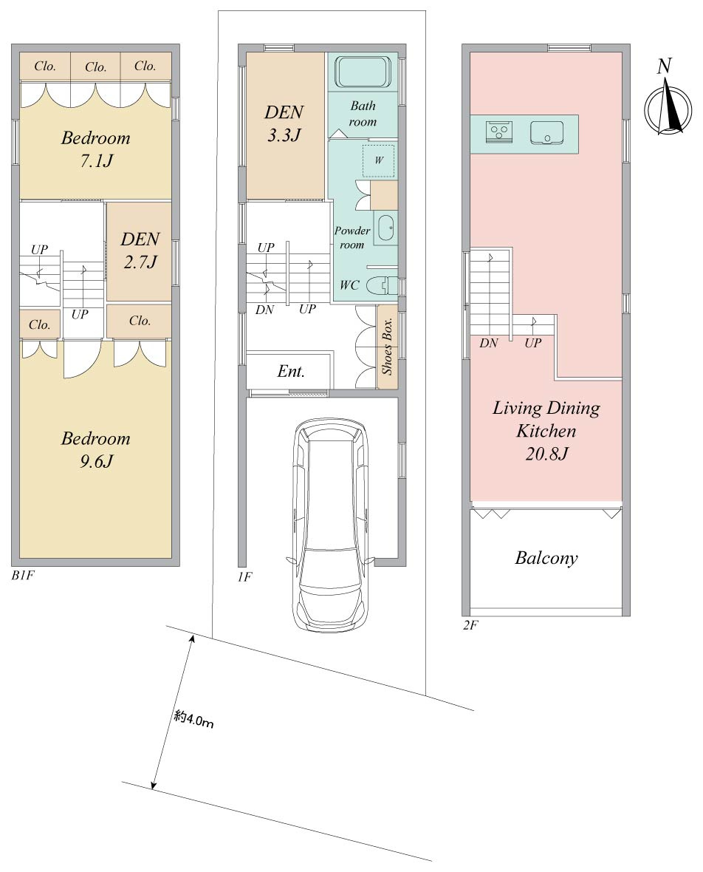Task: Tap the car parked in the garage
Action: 331,525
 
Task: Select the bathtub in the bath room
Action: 363,72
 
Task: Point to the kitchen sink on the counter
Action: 546,132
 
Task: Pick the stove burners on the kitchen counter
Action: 499,132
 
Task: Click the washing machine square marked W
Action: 378,160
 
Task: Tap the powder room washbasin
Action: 385,228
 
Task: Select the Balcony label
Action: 546,558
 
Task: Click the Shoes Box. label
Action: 388,346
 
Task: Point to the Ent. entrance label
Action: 291,371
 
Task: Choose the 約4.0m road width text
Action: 193,720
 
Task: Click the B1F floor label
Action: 23,576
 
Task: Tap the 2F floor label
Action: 470,625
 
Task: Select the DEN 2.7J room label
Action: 140,251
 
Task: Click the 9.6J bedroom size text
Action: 96,461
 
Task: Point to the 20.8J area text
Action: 546,454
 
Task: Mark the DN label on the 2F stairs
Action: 489,343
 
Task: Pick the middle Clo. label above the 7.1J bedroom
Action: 95,67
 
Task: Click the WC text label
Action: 349,285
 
